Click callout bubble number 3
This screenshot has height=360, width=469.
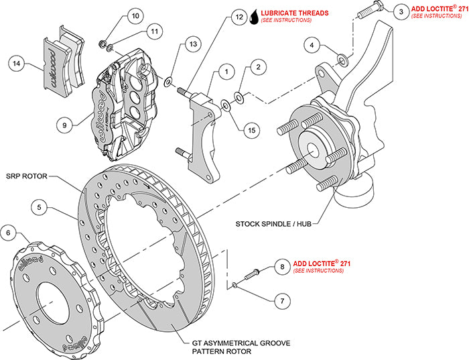pyautogui.click(x=400, y=11)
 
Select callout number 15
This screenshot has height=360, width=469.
pyautogui.click(x=251, y=129)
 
